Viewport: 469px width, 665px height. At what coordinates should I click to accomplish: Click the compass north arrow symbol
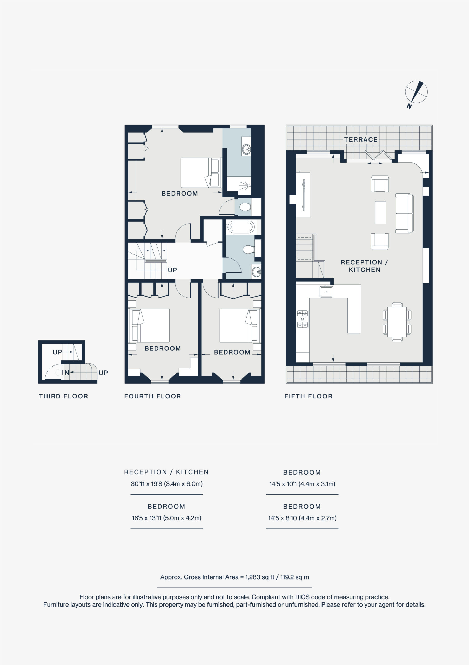[x=416, y=93]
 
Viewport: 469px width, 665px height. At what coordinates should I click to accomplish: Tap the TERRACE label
[x=361, y=139]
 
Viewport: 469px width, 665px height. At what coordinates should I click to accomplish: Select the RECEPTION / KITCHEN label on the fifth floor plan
[x=364, y=266]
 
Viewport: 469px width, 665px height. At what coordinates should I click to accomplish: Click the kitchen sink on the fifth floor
[x=326, y=291]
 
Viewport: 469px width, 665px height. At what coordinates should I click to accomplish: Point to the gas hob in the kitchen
[x=302, y=319]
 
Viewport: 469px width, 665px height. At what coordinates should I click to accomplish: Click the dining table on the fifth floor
[x=397, y=322]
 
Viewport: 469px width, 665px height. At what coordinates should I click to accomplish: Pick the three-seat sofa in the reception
[x=404, y=213]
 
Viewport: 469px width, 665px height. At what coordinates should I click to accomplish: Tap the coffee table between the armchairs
[x=380, y=212]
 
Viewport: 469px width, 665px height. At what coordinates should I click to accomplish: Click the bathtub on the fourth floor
[x=240, y=227]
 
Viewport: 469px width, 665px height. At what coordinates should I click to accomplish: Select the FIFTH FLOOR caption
[x=308, y=396]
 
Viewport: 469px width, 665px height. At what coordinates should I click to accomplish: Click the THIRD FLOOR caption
[x=63, y=396]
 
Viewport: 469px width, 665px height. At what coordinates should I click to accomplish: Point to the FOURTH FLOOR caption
[x=153, y=396]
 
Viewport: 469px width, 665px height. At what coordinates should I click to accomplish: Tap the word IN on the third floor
[x=65, y=373]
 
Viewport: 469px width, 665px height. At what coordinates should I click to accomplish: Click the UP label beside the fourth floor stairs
[x=172, y=270]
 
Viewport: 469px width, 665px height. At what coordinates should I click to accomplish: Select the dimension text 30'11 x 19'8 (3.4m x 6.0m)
[x=166, y=484]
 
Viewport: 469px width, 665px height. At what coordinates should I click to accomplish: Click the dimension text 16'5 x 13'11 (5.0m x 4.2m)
[x=166, y=518]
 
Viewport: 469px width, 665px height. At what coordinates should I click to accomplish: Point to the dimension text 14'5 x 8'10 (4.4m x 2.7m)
[x=302, y=518]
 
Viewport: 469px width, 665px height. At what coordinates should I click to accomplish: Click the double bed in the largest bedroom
[x=201, y=173]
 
